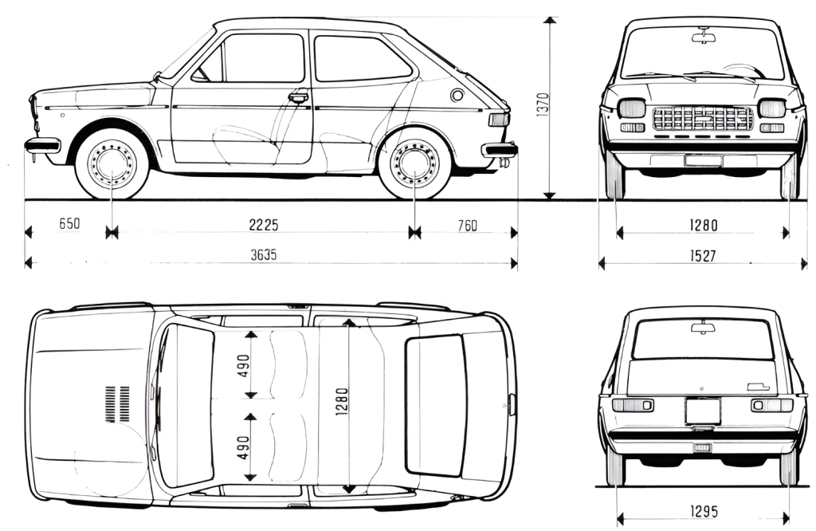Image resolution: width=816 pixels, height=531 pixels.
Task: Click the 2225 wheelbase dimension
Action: click(x=263, y=226)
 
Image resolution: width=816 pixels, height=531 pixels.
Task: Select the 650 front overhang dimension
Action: click(x=69, y=226)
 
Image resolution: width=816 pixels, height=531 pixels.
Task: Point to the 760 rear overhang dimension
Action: click(x=467, y=226)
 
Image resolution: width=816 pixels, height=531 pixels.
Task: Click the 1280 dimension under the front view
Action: click(x=703, y=226)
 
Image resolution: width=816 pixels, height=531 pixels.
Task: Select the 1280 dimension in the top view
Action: click(x=341, y=405)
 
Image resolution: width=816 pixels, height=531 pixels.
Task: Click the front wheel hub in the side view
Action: click(x=112, y=164)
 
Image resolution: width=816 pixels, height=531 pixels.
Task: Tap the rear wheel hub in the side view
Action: click(x=414, y=164)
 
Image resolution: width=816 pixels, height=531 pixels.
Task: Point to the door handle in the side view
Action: click(x=299, y=97)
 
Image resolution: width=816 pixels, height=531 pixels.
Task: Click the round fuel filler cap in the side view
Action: click(x=457, y=96)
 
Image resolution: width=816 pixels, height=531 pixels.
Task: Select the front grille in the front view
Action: click(x=702, y=120)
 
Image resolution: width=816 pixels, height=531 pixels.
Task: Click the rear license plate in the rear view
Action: click(x=703, y=411)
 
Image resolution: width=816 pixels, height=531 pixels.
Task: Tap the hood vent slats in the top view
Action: click(x=117, y=403)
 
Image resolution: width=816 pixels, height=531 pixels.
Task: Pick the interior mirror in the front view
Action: click(x=704, y=37)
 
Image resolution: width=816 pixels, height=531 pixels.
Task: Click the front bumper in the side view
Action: click(x=42, y=145)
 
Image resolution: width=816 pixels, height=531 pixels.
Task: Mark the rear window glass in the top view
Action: click(x=435, y=405)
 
